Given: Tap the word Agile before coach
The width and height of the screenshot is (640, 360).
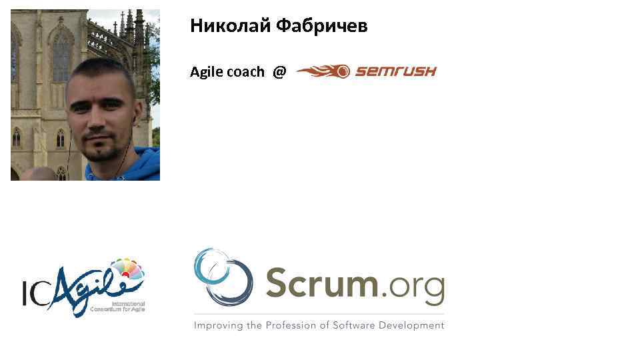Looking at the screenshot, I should coord(207,72).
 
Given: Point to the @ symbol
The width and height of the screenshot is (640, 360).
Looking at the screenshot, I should coord(279,72).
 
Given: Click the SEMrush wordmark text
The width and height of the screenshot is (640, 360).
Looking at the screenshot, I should coord(395,71).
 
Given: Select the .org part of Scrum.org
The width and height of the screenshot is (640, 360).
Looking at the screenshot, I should coord(411,287).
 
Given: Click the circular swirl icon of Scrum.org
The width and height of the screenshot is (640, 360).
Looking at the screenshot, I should coord(223,277).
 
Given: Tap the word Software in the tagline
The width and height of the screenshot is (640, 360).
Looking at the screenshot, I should coord(353,325).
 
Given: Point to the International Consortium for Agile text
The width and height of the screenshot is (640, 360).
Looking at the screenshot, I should coord(118,307).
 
